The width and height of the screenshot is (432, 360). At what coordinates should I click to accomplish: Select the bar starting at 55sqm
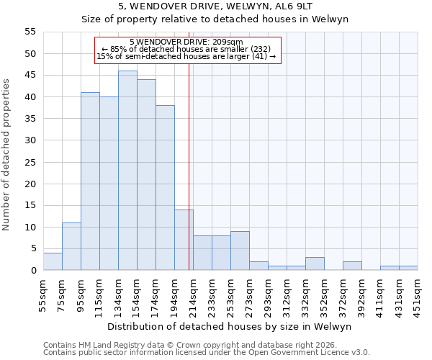[53, 261]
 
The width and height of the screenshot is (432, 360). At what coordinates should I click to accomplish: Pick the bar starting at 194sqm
[184, 240]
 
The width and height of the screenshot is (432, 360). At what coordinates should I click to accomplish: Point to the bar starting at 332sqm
[315, 264]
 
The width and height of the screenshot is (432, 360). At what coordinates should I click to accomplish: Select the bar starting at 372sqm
[352, 266]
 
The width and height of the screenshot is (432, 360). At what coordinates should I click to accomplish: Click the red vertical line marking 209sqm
[189, 180]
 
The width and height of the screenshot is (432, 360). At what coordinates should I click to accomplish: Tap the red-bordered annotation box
[187, 50]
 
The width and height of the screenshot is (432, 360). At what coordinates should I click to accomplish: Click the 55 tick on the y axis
[30, 32]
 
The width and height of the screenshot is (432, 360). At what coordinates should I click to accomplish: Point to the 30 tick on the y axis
[30, 140]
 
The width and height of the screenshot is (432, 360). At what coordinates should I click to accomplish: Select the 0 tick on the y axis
[33, 271]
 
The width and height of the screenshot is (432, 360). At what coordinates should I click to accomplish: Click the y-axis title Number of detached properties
[7, 155]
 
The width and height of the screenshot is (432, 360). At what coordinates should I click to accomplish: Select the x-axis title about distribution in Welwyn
[229, 326]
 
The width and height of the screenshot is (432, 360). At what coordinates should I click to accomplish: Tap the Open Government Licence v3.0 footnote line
[206, 353]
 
